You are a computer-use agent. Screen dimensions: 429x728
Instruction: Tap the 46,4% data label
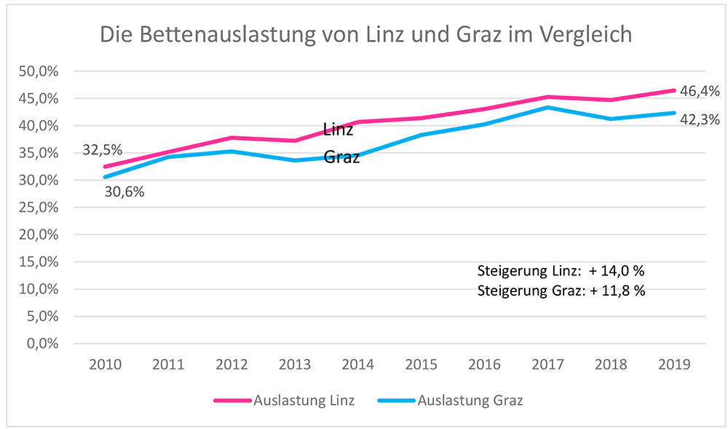[x=700, y=91]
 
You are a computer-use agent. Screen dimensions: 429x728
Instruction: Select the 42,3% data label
[x=700, y=119]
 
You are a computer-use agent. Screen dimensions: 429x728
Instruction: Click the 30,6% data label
[x=125, y=193]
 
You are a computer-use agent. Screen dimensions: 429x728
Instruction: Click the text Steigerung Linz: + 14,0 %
[x=561, y=271]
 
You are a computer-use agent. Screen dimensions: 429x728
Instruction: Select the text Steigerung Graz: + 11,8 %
[x=561, y=291]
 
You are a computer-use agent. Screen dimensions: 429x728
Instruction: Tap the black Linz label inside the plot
[x=338, y=130]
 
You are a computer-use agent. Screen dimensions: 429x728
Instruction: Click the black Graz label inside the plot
[x=341, y=157]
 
